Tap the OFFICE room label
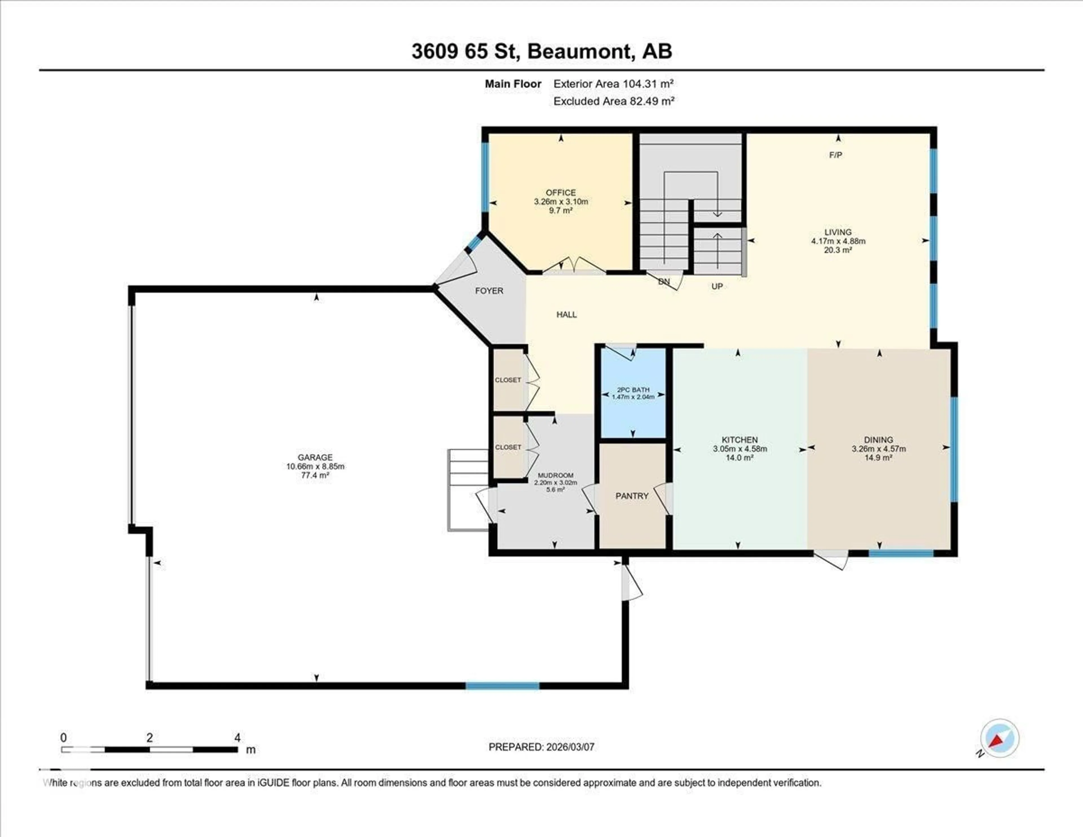coord(560,192)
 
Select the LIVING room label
coord(838,232)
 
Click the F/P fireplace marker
coord(836,155)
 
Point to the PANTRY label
coord(632,496)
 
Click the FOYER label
coord(489,291)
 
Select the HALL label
coord(566,315)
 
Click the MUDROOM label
coord(555,475)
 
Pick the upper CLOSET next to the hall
coord(508,380)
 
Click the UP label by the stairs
coord(717,286)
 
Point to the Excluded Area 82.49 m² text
coord(613,101)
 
